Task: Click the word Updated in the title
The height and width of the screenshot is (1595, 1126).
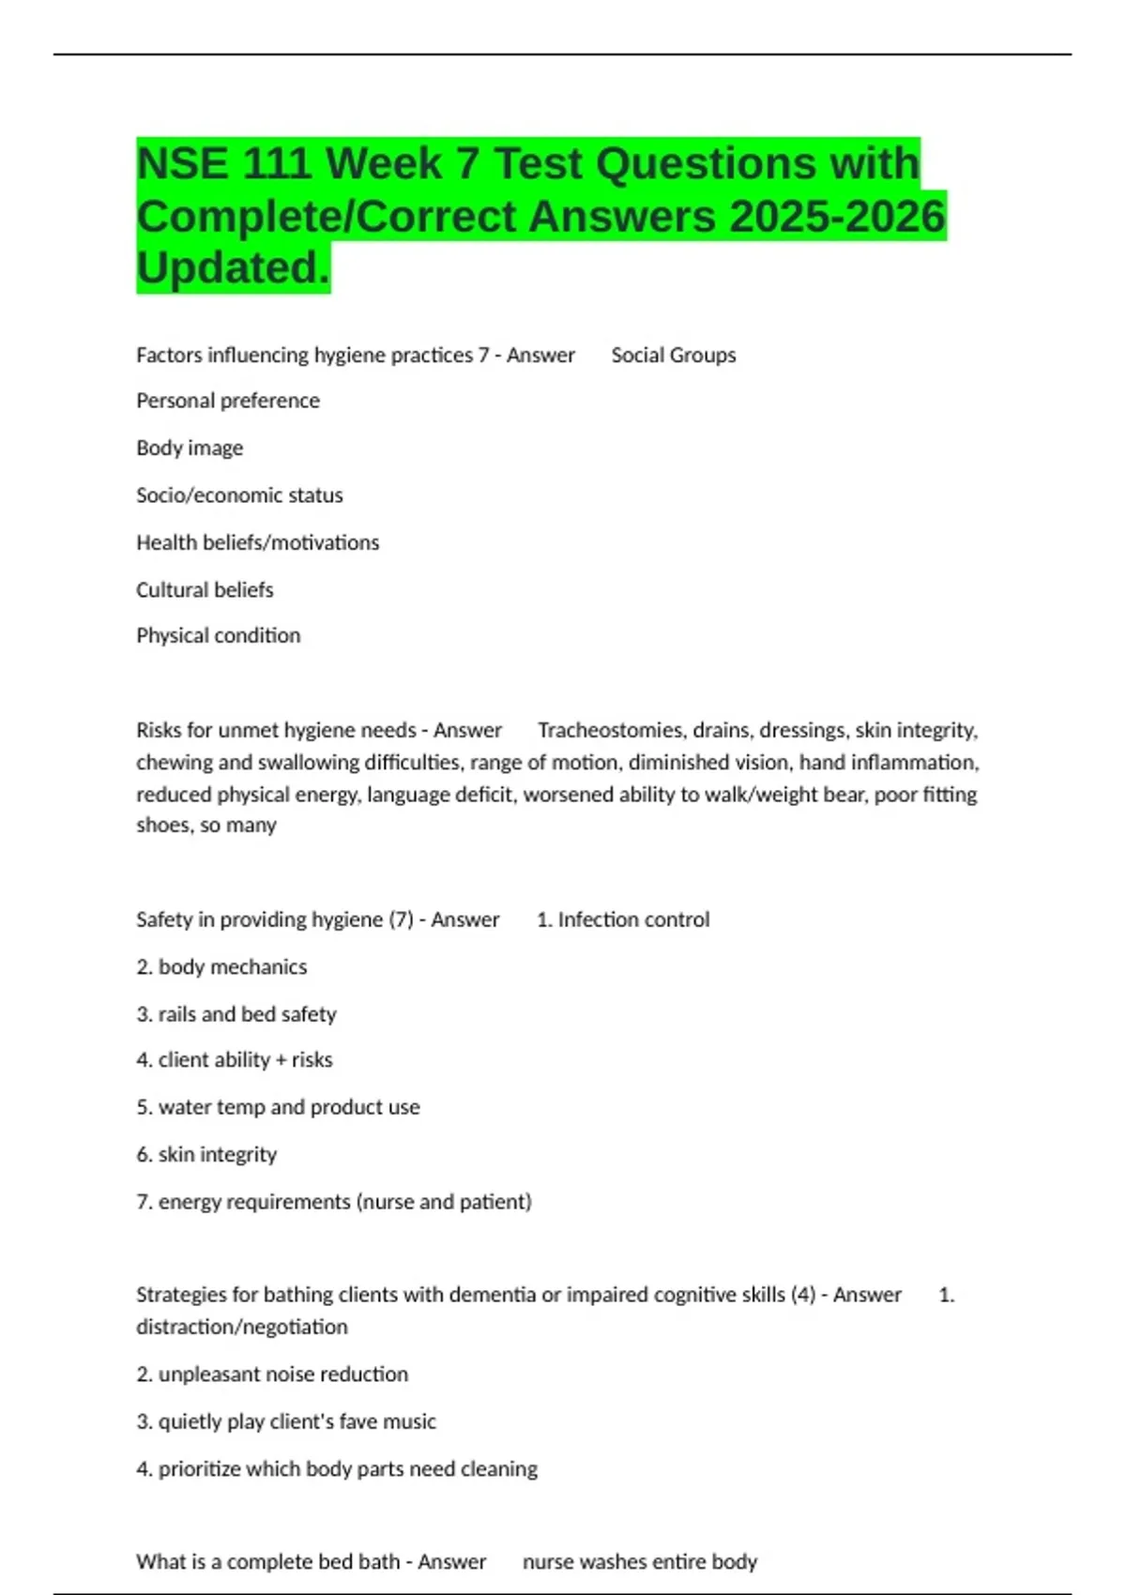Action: pos(233,268)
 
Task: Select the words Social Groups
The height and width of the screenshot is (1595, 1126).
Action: pos(673,356)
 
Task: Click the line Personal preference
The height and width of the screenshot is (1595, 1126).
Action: pos(228,401)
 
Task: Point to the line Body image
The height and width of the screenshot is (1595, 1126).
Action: pos(190,448)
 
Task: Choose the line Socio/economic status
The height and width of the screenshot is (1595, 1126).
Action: pos(239,495)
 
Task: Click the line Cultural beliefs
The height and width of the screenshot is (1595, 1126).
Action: pos(205,590)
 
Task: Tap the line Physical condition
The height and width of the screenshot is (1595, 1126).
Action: pos(218,636)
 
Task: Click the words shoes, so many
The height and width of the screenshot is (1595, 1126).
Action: pos(205,826)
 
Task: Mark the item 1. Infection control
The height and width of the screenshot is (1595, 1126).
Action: pos(623,920)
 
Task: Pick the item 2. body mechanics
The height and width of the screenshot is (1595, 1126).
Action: pos(221,967)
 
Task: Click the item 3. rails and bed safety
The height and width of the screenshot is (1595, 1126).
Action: pos(236,1014)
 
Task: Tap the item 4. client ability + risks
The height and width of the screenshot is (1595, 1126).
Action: pos(234,1060)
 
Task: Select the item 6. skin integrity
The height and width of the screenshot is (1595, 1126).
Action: pos(206,1155)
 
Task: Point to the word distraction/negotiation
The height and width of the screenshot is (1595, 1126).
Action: pos(241,1328)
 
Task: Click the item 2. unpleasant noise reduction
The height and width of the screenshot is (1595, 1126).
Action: pos(272,1375)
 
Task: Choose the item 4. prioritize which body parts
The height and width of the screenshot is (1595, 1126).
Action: pos(337,1469)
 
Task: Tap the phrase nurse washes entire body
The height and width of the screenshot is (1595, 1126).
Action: pos(639,1562)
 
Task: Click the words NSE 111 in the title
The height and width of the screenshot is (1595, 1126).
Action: pos(223,164)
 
